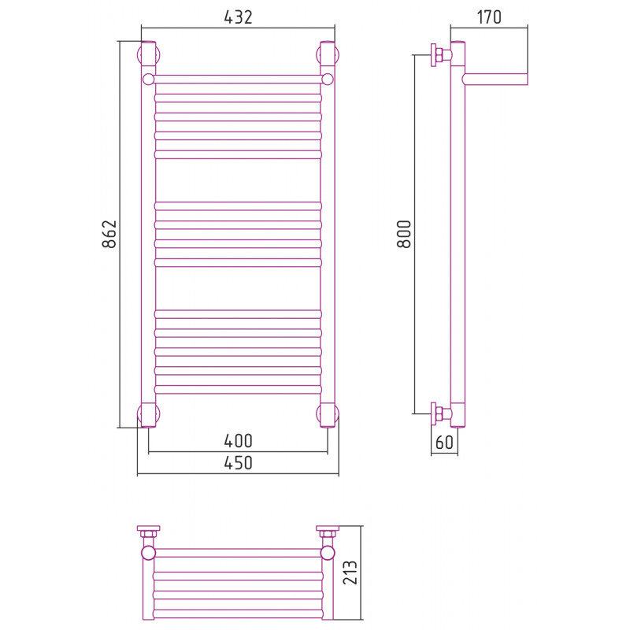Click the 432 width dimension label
(239, 17)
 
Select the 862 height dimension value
(109, 234)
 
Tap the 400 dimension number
(239, 441)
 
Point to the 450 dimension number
(239, 463)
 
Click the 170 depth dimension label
(489, 17)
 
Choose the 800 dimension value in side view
(404, 234)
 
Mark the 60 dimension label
(444, 443)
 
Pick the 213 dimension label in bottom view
(350, 573)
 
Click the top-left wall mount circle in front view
(149, 54)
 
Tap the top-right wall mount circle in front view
(328, 54)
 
